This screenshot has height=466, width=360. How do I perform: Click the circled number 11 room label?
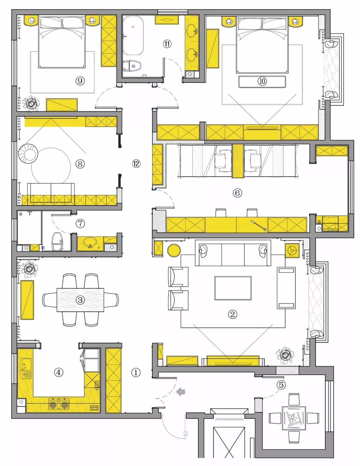167,44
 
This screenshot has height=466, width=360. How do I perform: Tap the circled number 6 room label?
237,193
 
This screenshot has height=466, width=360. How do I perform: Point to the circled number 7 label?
80,224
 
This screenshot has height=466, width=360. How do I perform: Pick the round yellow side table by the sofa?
174,250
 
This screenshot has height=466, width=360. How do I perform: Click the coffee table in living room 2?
233,288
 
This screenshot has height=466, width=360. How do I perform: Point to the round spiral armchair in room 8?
28,154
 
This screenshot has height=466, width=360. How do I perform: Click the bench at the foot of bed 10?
262,82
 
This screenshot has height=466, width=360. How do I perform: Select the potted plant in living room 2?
285,355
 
